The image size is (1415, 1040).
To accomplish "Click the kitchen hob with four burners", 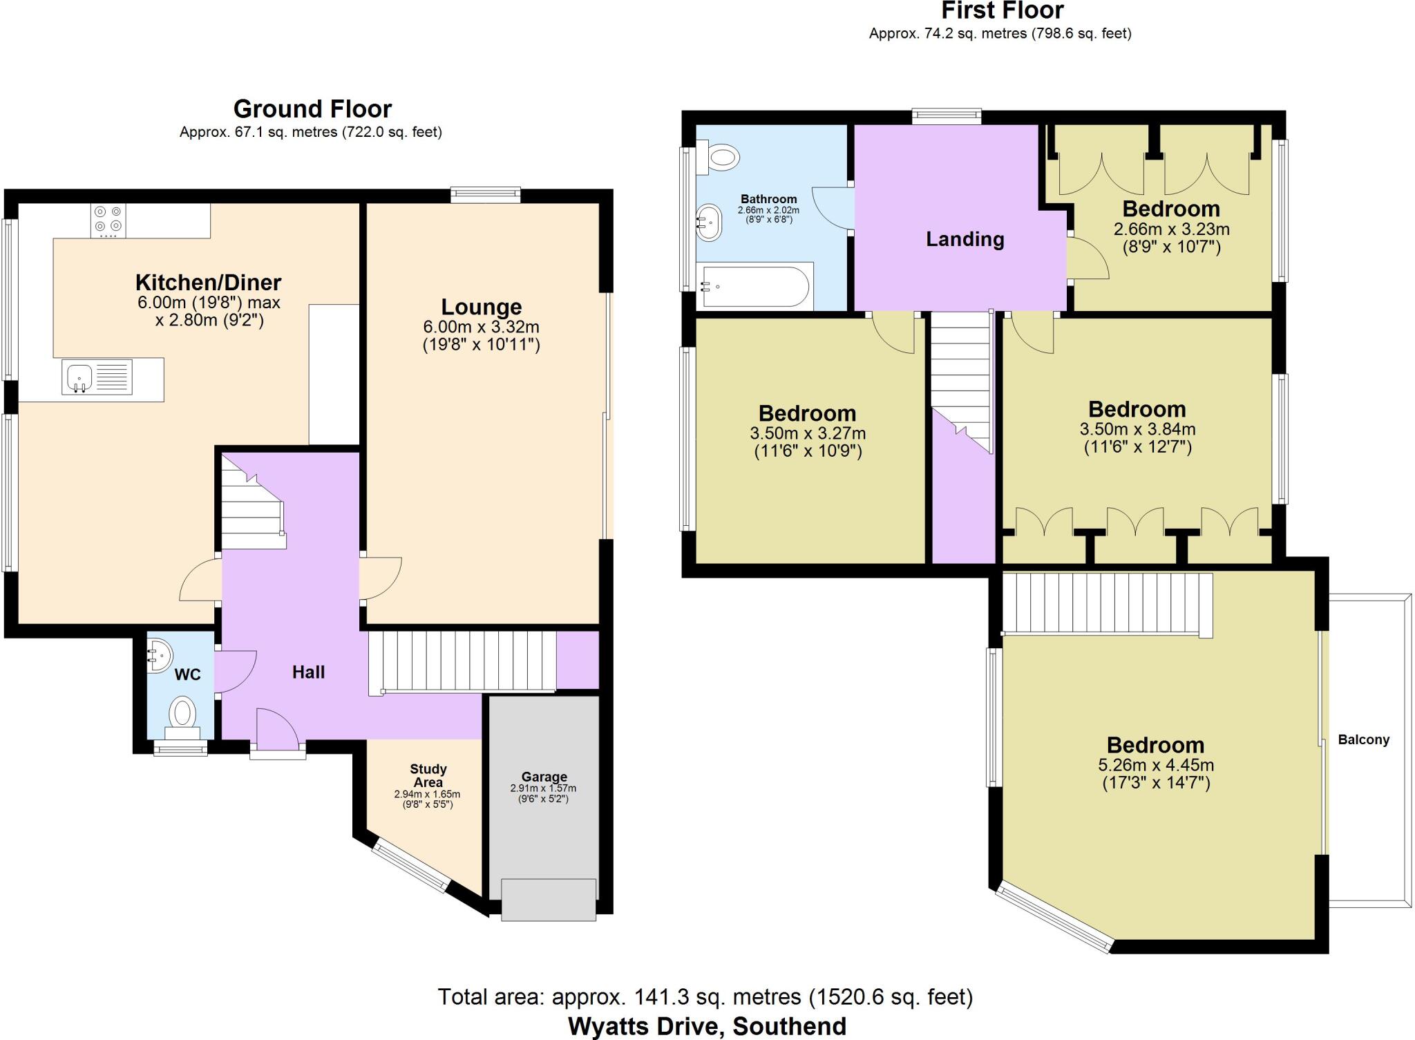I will pos(108,220).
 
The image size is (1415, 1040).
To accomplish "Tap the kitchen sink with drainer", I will pos(97,378).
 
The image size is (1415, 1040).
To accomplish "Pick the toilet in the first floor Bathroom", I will pos(719,157).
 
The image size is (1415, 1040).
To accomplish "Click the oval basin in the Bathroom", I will pos(709,223).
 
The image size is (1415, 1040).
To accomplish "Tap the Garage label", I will pos(544,777).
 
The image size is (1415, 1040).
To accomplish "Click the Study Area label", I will pos(428,775).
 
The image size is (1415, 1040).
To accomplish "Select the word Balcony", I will pos(1363,739).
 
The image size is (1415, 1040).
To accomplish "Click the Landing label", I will pos(965,239).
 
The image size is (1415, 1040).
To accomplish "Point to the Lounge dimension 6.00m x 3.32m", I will pos(481,327).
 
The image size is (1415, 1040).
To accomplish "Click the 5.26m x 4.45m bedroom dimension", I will pos(1155,765).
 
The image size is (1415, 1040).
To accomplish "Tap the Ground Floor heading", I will pos(312,109).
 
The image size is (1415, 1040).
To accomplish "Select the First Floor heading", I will pos(1002,11).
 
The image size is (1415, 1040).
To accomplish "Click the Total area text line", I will pos(705,996).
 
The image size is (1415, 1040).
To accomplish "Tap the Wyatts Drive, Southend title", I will pos(706,1026).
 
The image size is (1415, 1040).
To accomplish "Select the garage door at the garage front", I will pos(548,899).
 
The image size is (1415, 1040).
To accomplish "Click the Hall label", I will pos(308,672).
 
